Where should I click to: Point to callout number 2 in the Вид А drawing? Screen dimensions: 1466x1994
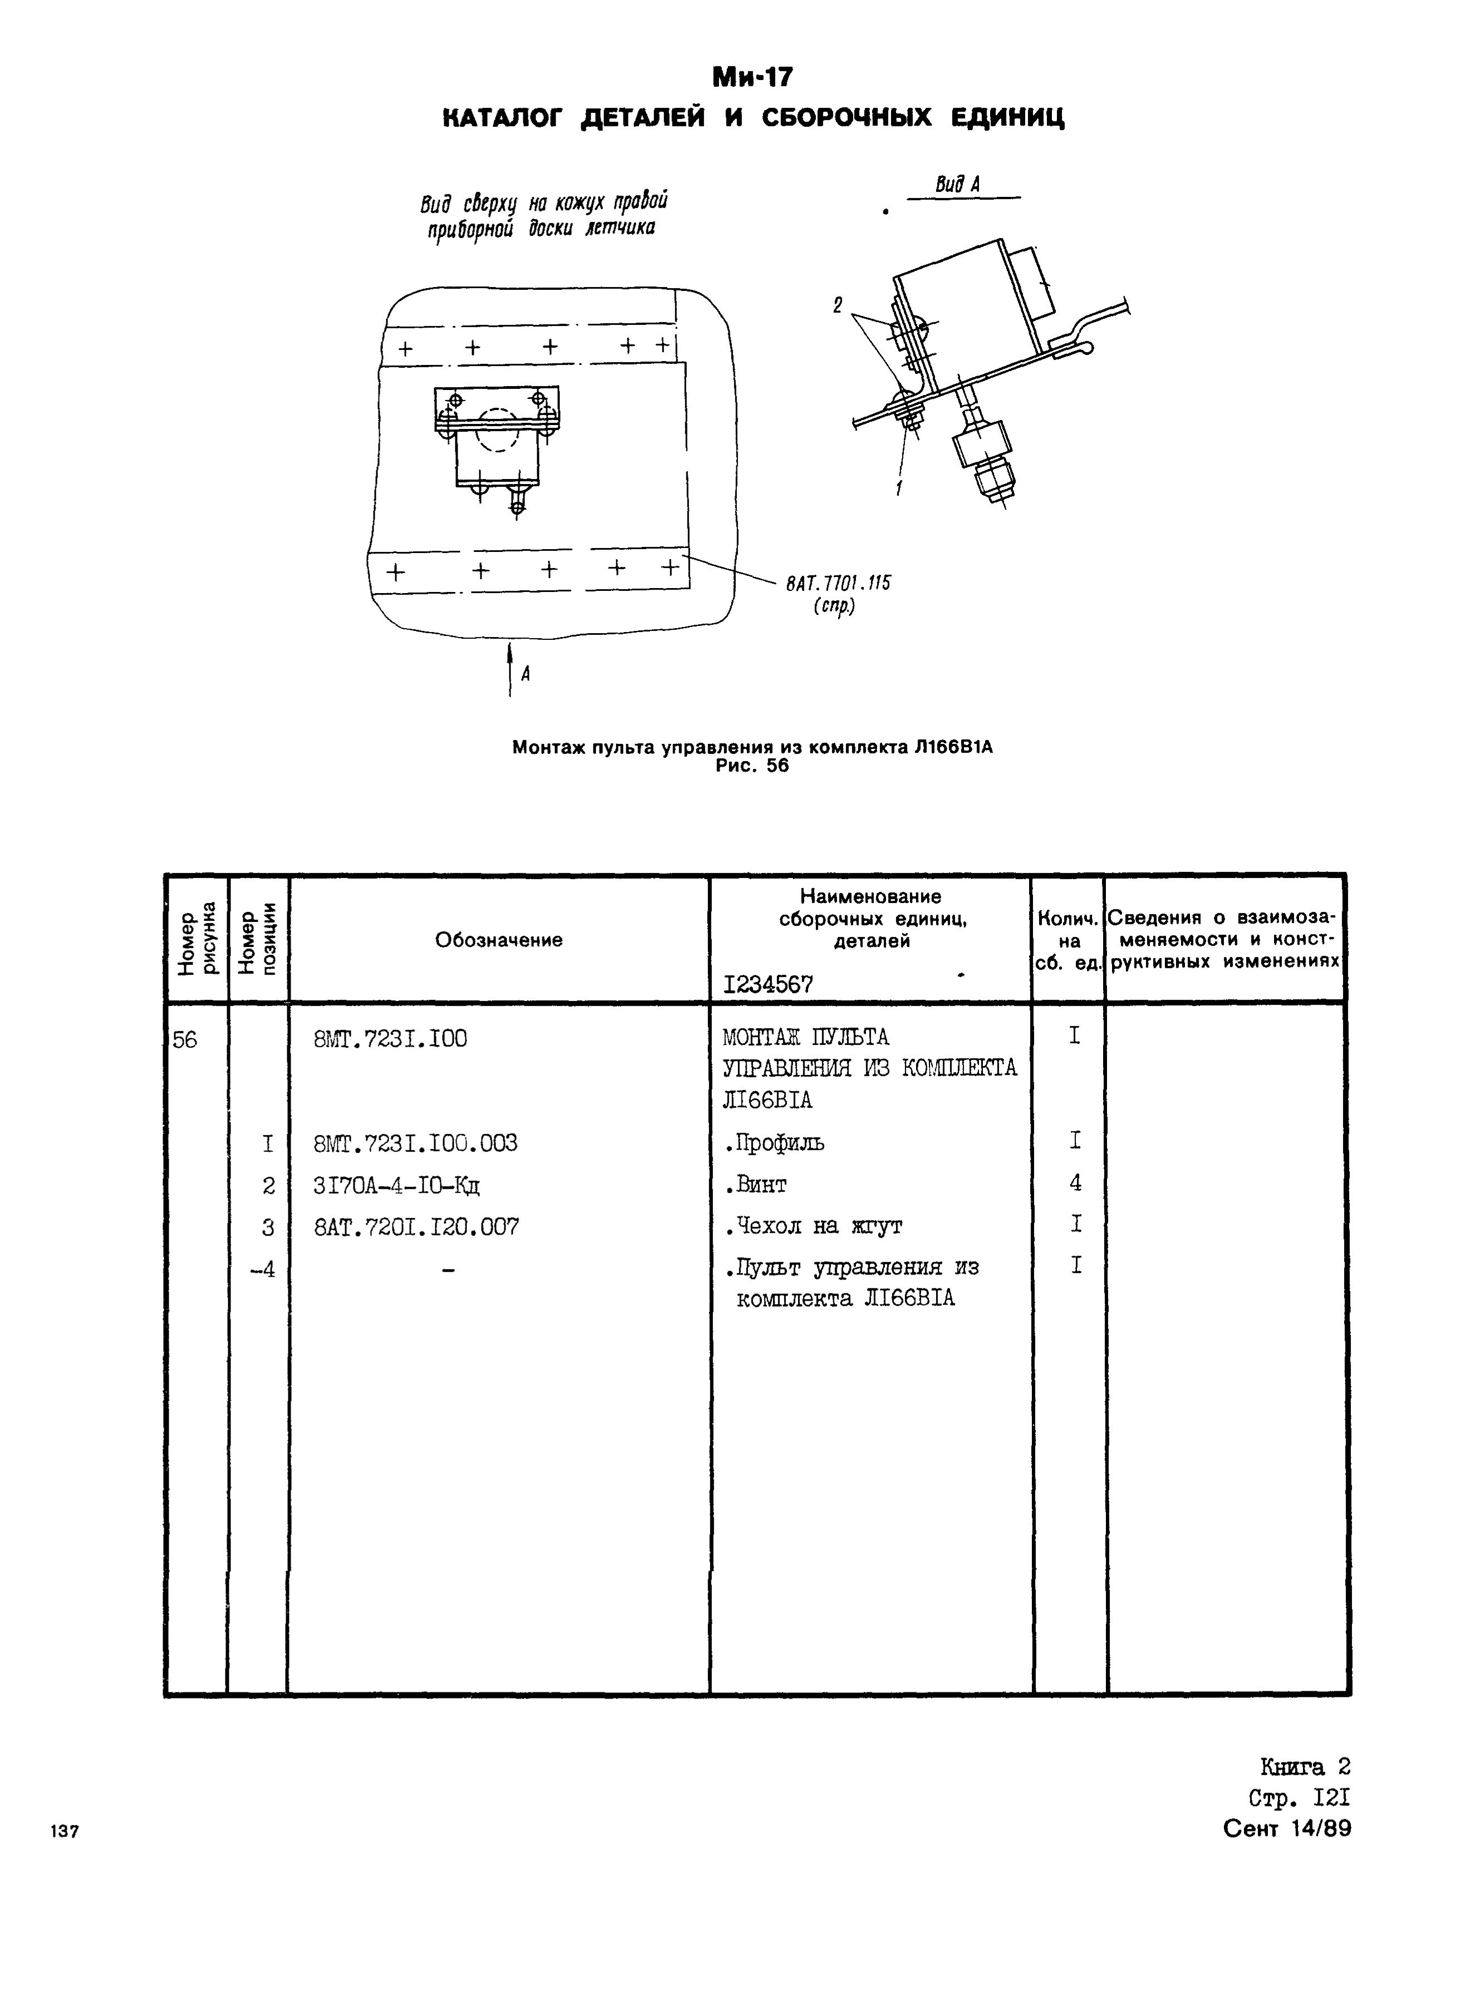click(837, 305)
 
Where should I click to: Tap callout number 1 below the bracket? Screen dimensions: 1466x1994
click(899, 487)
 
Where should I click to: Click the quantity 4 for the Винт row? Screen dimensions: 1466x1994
click(1075, 1182)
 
